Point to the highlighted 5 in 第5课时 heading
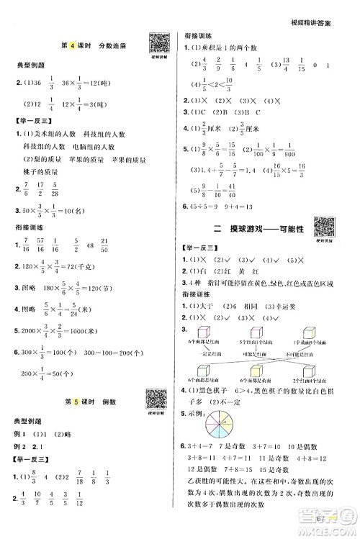tap(76, 401)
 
